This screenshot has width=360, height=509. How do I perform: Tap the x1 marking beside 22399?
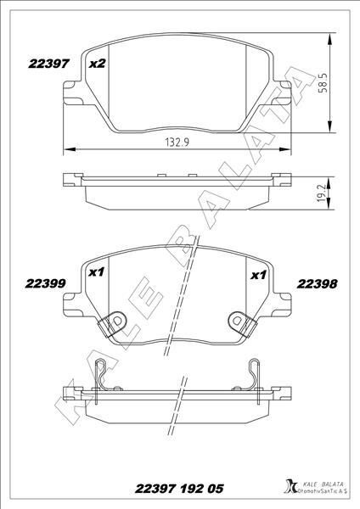[96, 274]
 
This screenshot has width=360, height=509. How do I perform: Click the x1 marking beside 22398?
[258, 274]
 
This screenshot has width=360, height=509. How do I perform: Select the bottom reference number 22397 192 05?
[179, 489]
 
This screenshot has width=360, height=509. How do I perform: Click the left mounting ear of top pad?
[71, 89]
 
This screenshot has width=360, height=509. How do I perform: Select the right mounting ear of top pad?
[287, 89]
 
